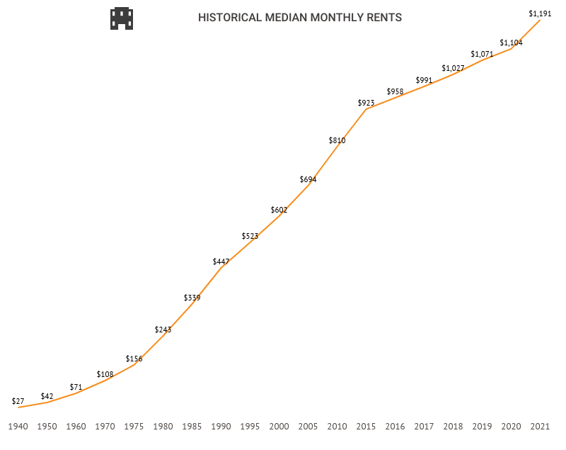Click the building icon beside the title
pyautogui.click(x=122, y=18)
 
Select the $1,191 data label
pyautogui.click(x=540, y=13)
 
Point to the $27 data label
pyautogui.click(x=18, y=401)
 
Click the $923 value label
pyautogui.click(x=366, y=103)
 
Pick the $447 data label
pyautogui.click(x=221, y=261)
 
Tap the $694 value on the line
pyautogui.click(x=308, y=179)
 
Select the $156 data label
pyautogui.click(x=134, y=359)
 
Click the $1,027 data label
pyautogui.click(x=453, y=68)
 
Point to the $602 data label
pyautogui.click(x=279, y=210)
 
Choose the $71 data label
pyautogui.click(x=76, y=387)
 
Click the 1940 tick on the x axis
pyautogui.click(x=18, y=427)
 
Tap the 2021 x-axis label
pyautogui.click(x=541, y=427)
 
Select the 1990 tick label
pyautogui.click(x=221, y=427)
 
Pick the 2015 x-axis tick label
pyautogui.click(x=366, y=427)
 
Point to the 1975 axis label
pyautogui.click(x=134, y=427)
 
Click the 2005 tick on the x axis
pyautogui.click(x=308, y=427)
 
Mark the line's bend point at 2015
pyautogui.click(x=366, y=109)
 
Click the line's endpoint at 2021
pyautogui.click(x=541, y=21)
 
